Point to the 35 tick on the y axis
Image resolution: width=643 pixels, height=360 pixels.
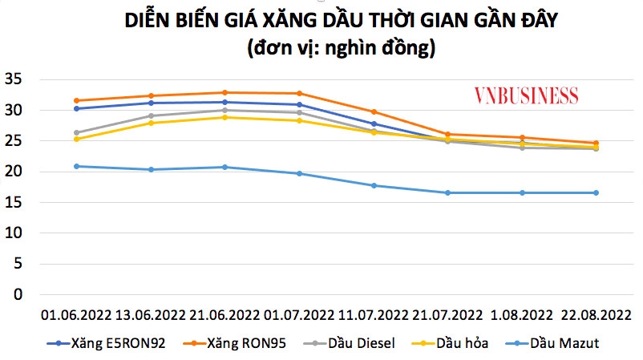pyautogui.click(x=14, y=79)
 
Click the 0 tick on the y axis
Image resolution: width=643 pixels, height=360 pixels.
pyautogui.click(x=18, y=294)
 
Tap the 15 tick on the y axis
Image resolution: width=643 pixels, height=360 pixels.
pyautogui.click(x=14, y=202)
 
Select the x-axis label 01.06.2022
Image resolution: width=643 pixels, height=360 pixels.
pyautogui.click(x=75, y=313)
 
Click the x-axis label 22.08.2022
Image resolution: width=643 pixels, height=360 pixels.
pyautogui.click(x=596, y=313)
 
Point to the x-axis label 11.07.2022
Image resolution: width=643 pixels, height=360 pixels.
pyautogui.click(x=374, y=313)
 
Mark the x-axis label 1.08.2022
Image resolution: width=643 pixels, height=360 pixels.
pyautogui.click(x=522, y=313)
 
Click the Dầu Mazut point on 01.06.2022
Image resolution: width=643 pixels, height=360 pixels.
pyautogui.click(x=76, y=166)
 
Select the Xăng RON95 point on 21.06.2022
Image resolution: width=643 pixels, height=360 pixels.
pyautogui.click(x=224, y=92)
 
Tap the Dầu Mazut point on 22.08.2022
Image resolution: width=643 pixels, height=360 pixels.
pyautogui.click(x=596, y=192)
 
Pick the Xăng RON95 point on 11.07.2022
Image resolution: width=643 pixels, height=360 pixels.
pyautogui.click(x=374, y=111)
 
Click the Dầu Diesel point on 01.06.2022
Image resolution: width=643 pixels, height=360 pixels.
pyautogui.click(x=76, y=132)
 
